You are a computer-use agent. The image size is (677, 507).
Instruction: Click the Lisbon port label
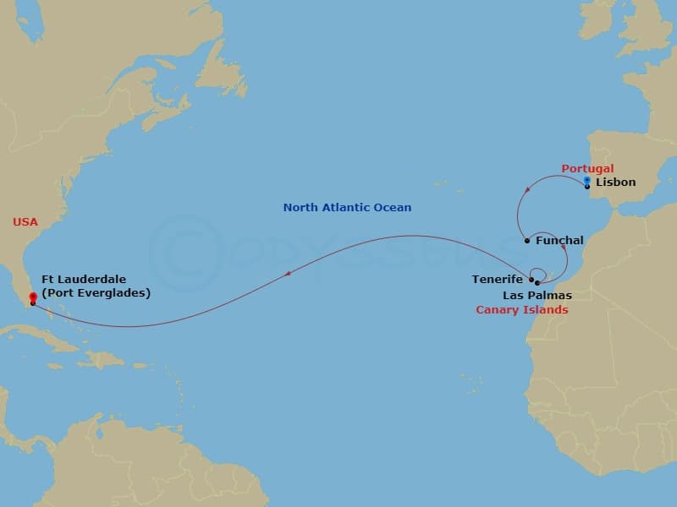[x=615, y=182]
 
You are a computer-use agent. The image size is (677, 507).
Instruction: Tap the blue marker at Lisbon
[x=586, y=180]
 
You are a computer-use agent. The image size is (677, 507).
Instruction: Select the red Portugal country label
[x=587, y=169]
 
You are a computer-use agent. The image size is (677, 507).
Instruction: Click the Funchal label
[x=559, y=241]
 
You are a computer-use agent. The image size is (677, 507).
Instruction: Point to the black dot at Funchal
[x=527, y=241]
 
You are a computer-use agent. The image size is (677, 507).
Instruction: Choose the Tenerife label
[x=498, y=279]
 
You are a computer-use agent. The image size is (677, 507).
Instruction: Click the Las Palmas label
[x=537, y=296]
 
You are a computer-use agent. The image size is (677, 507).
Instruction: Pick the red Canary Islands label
[x=521, y=310]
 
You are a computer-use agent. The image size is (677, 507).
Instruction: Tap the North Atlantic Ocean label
[x=347, y=207]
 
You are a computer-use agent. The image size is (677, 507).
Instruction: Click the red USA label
[x=25, y=222]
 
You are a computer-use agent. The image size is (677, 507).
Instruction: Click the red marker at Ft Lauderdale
[x=33, y=297]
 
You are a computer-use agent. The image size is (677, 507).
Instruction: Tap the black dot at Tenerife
[x=531, y=279]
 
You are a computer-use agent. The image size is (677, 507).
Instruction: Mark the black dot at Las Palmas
[x=537, y=282]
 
